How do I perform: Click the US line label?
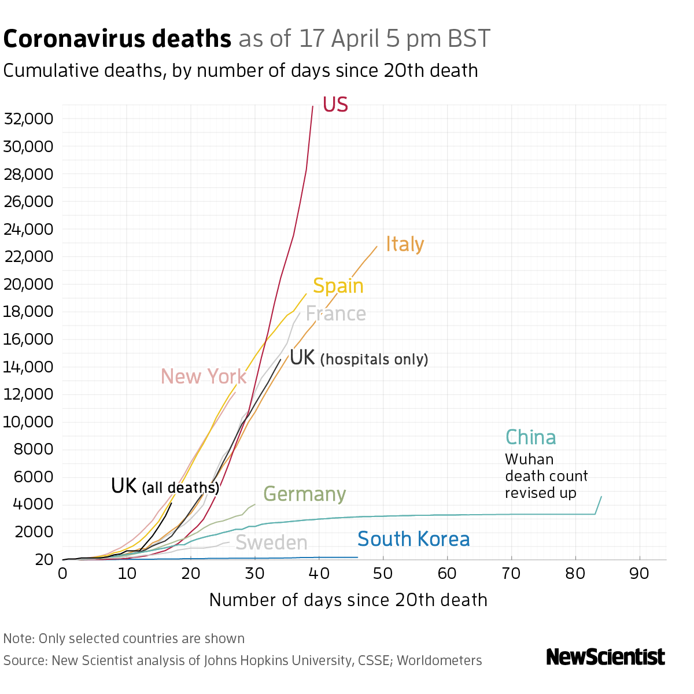click(x=335, y=105)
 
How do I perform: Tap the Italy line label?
click(x=405, y=244)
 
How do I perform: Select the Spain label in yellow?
click(x=338, y=286)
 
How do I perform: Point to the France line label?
click(x=335, y=313)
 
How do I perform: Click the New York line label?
click(x=204, y=376)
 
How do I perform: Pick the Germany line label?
click(x=305, y=494)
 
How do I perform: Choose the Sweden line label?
click(x=271, y=543)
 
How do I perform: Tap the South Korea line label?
click(x=414, y=539)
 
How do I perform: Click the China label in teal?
click(x=530, y=437)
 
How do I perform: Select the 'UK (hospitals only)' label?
click(x=359, y=358)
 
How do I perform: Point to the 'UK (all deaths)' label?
click(x=165, y=486)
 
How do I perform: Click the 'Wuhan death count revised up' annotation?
click(x=546, y=476)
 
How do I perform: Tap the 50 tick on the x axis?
click(x=383, y=574)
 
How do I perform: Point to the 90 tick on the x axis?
click(x=639, y=574)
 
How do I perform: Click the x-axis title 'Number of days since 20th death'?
click(x=348, y=600)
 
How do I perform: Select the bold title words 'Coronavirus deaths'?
click(x=117, y=39)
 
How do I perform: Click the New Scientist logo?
click(x=606, y=657)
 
